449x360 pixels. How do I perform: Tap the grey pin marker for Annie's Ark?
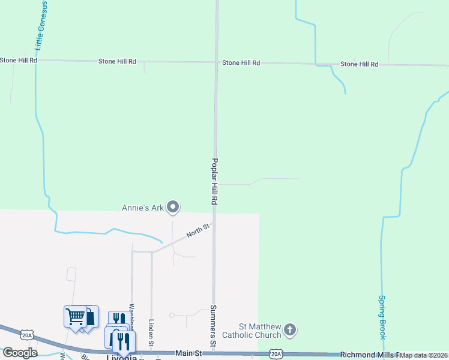click(173, 208)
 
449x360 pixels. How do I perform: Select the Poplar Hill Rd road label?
click(213, 182)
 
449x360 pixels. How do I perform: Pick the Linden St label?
click(151, 332)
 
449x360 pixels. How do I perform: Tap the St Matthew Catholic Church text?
click(252, 330)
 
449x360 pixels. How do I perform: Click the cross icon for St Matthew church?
click(290, 329)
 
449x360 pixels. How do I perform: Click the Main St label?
click(186, 354)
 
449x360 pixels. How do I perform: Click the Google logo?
click(19, 353)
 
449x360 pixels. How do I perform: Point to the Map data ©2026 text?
click(424, 355)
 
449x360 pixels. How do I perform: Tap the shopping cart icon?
click(75, 316)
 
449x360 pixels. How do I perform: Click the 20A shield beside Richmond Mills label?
click(276, 354)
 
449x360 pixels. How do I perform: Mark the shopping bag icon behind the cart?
click(90, 315)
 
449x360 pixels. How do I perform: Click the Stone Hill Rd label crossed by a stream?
click(359, 64)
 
